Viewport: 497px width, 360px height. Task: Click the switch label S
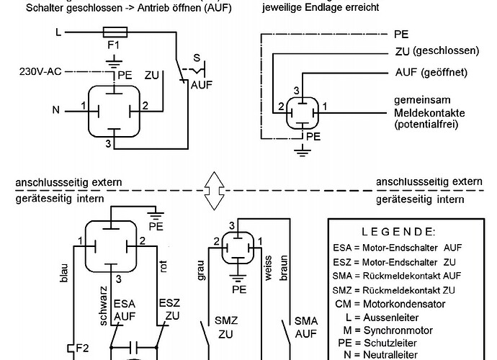click(196, 58)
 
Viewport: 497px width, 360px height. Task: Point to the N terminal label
click(57, 110)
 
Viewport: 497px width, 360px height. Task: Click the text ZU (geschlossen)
click(437, 51)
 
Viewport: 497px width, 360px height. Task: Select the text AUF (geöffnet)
click(432, 73)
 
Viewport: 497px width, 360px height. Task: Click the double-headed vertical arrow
click(213, 189)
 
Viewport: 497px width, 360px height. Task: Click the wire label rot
click(164, 267)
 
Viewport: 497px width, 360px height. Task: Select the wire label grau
click(201, 266)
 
